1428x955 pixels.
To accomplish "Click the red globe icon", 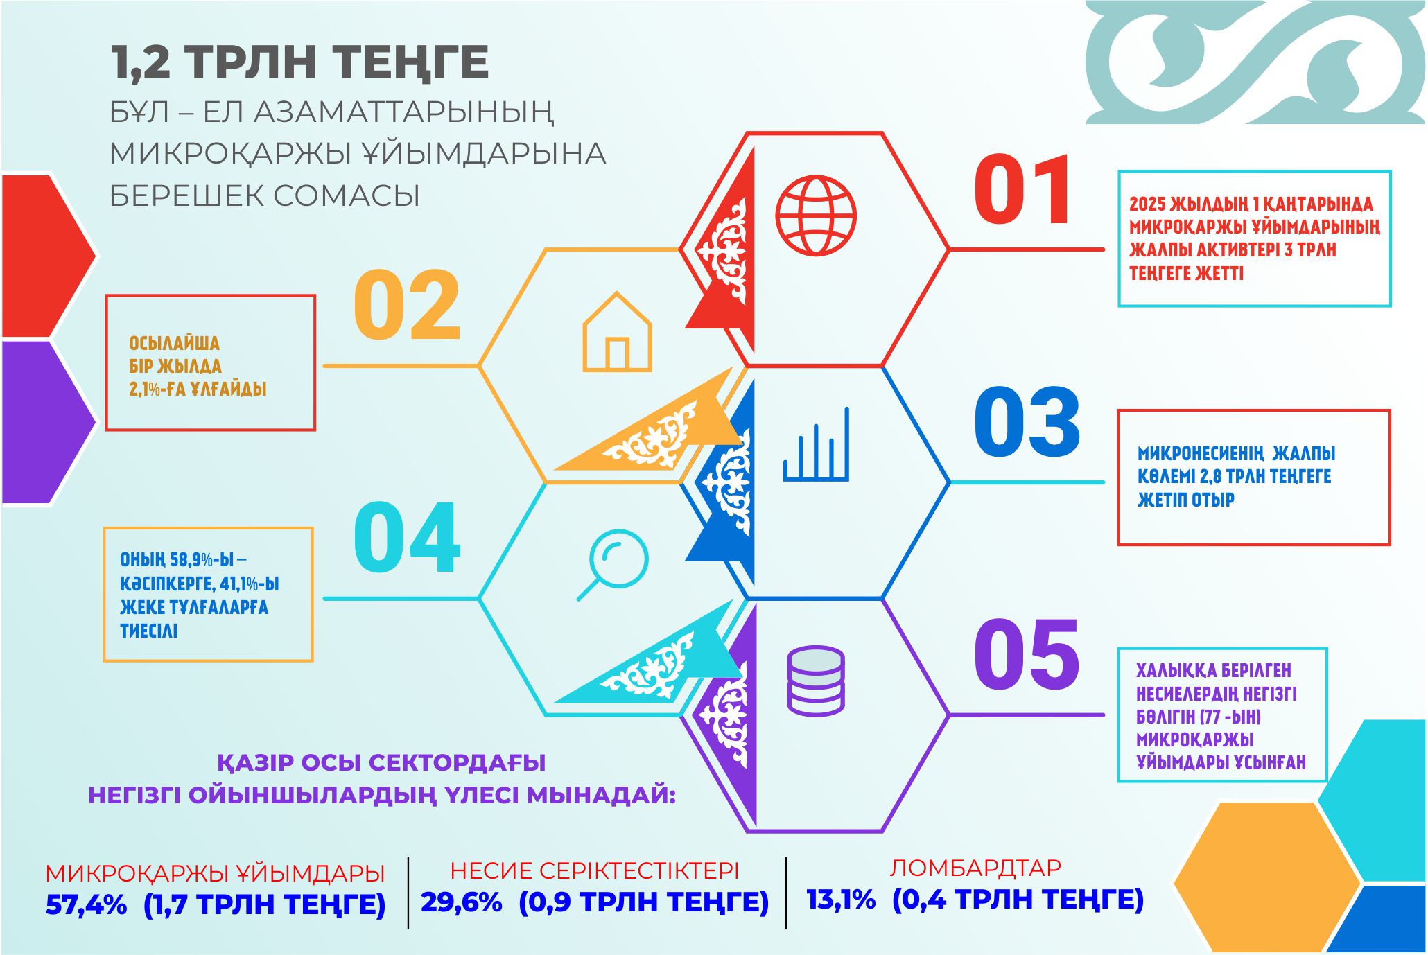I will [x=816, y=216].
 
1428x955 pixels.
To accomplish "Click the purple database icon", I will [x=816, y=681].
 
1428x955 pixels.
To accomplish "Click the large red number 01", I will [x=1022, y=190].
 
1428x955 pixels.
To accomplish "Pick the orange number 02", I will [x=407, y=305].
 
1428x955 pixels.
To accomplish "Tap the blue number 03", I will [x=1027, y=422].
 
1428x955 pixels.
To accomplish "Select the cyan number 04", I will [x=407, y=538].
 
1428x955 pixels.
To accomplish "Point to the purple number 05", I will [x=1027, y=655].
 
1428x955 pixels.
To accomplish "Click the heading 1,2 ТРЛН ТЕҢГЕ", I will [x=300, y=62].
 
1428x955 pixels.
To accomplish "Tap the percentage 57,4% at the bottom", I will [x=86, y=905].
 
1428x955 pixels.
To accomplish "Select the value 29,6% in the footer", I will [x=461, y=902].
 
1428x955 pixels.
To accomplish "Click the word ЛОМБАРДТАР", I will [x=975, y=868].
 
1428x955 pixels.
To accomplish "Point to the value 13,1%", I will [x=840, y=900].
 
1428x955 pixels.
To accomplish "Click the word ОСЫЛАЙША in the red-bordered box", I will [x=174, y=344].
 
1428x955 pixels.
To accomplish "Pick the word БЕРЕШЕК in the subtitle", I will [x=184, y=196].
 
